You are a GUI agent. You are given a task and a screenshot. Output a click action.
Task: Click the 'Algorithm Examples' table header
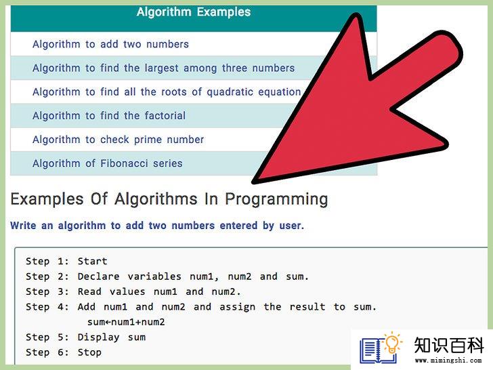(194, 12)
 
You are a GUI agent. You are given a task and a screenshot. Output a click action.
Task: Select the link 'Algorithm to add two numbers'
(110, 44)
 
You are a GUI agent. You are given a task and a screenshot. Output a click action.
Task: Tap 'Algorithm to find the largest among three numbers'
(163, 68)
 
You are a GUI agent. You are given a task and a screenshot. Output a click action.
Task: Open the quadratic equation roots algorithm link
(167, 92)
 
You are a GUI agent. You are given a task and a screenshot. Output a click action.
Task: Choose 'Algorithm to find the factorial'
(109, 116)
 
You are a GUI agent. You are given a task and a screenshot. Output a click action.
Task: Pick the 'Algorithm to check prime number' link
(119, 140)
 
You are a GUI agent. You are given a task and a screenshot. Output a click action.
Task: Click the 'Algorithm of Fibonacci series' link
(108, 163)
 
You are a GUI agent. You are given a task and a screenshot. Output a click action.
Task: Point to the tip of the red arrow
(253, 182)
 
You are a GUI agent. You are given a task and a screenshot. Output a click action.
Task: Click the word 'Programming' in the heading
(276, 200)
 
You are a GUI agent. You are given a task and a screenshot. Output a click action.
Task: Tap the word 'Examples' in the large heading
(47, 199)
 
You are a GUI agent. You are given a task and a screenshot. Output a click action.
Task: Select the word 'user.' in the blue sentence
(292, 226)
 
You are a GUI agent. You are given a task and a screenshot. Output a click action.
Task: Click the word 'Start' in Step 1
(92, 261)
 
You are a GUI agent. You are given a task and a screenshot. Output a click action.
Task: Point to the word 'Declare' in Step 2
(98, 276)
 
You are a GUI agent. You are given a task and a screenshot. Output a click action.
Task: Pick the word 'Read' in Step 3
(89, 291)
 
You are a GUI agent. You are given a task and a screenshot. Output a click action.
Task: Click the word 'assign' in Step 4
(238, 307)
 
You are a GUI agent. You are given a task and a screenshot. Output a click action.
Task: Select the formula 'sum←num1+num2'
(126, 322)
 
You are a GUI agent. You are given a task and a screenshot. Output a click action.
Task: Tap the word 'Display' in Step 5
(98, 337)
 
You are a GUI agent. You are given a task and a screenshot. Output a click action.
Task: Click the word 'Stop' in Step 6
(89, 352)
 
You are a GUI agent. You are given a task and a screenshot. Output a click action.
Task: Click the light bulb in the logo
(392, 344)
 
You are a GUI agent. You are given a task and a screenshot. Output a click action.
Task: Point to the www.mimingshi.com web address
(448, 361)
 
